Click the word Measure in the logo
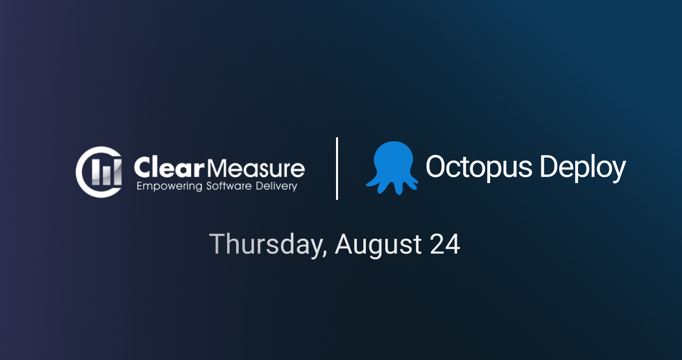[x=255, y=168]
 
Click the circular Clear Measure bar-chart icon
[x=99, y=172]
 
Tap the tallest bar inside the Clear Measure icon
[x=116, y=172]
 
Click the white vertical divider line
[x=337, y=169]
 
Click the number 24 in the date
[x=445, y=244]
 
